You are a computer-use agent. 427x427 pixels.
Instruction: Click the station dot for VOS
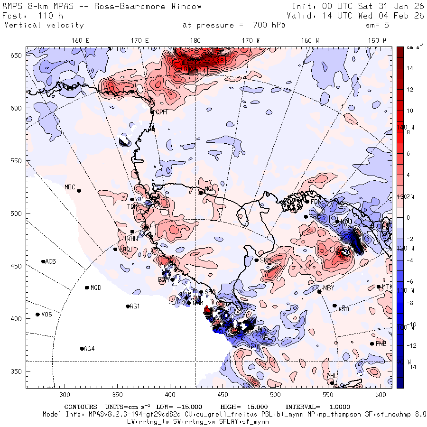point(37,315)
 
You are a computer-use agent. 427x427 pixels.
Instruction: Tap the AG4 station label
point(89,349)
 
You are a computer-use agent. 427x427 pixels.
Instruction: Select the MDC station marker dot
point(79,191)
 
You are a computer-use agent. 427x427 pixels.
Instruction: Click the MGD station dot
point(87,288)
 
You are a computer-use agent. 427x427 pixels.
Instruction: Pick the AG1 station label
point(135,306)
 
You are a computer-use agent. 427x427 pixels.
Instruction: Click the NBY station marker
point(319,291)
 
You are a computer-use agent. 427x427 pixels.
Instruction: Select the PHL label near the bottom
point(331,376)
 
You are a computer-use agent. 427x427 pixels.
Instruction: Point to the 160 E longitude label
point(81,40)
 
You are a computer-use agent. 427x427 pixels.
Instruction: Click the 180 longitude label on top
point(195,40)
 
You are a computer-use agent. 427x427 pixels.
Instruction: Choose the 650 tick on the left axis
point(17,56)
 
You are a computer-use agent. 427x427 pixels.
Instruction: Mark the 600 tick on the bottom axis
point(380,395)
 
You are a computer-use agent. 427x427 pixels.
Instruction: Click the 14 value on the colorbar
point(409,68)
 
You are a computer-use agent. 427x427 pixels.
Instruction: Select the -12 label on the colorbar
point(411,345)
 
